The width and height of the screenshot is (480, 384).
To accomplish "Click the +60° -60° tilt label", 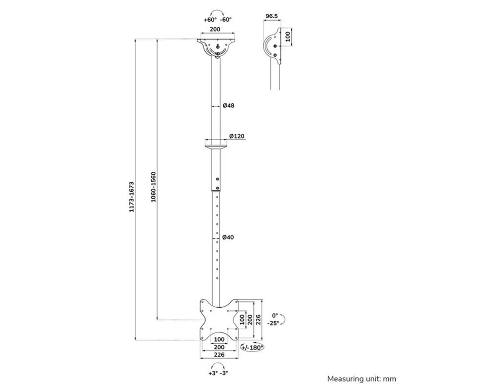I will point(217,20).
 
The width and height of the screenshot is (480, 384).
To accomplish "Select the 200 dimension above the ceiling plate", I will point(216,30).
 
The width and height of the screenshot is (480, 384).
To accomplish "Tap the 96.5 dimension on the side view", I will point(272,16).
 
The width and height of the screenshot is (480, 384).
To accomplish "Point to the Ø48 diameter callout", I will point(228,106).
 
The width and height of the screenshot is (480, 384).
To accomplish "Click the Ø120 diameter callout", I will point(237,136).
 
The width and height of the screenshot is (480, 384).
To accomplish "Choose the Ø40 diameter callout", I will point(228,237).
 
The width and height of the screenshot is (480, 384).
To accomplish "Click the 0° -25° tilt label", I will point(275,319).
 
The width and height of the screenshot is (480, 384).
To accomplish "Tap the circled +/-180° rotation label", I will point(252,347).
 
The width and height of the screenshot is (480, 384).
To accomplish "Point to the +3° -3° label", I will point(218,373).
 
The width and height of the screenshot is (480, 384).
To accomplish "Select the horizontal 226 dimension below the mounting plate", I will point(219,355).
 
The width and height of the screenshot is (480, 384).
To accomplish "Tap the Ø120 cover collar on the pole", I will point(217,143).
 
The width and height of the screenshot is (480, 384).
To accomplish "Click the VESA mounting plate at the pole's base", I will point(219,319).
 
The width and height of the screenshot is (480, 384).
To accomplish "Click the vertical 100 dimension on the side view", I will point(288,37).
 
